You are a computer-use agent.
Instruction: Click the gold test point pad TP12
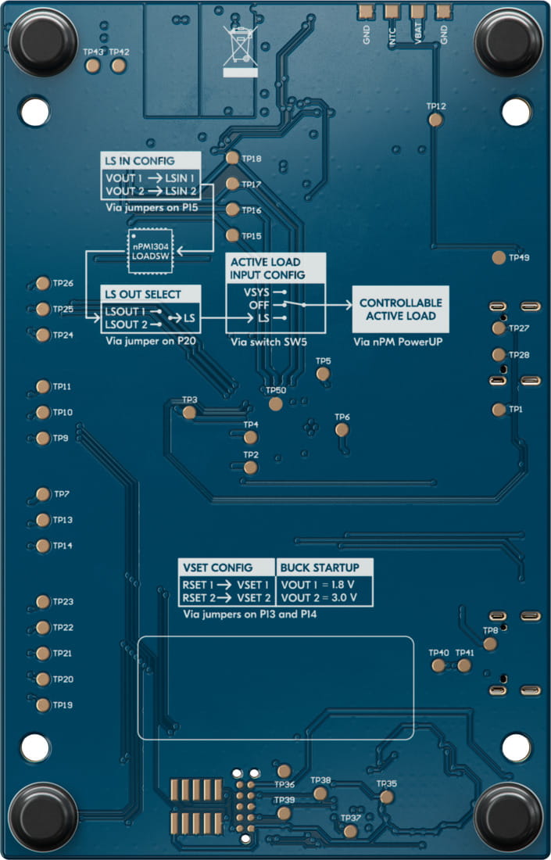[x=436, y=119]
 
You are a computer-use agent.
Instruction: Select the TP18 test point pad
[x=232, y=158]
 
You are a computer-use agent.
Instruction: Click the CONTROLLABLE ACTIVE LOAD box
[x=400, y=310]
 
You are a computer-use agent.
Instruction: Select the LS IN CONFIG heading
[x=140, y=161]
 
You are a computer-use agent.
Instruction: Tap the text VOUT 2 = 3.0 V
[x=319, y=597]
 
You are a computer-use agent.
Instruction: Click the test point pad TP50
[x=275, y=403]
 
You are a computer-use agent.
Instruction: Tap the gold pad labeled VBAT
[x=417, y=10]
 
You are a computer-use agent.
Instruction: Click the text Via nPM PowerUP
[x=398, y=342]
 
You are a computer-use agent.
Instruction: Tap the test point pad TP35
[x=386, y=797]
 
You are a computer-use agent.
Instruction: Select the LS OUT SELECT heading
[x=143, y=295]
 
